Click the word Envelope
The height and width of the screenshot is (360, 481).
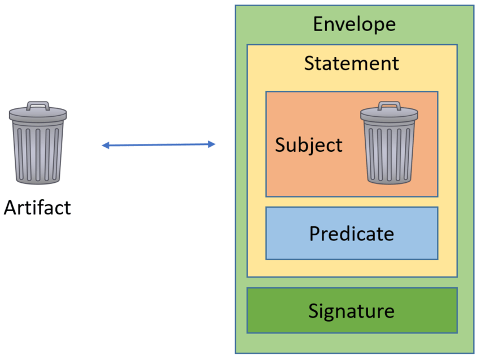click(354, 24)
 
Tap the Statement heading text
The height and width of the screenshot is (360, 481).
click(351, 63)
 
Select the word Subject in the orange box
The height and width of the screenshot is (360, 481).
click(308, 145)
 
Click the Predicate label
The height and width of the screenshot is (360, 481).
click(351, 233)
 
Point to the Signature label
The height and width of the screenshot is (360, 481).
click(351, 310)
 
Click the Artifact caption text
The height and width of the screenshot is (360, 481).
click(37, 208)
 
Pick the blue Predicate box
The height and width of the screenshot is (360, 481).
click(351, 233)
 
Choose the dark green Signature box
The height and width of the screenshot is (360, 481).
click(351, 310)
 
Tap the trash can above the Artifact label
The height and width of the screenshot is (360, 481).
click(37, 143)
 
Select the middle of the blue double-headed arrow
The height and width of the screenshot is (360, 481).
click(159, 145)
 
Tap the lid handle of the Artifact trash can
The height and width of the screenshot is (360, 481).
click(38, 104)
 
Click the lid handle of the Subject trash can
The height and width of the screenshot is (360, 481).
click(389, 104)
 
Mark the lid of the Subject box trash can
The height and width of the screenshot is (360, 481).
click(389, 114)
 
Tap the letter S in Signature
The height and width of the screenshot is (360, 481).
click(313, 310)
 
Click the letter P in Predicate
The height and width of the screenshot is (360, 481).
click(315, 233)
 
